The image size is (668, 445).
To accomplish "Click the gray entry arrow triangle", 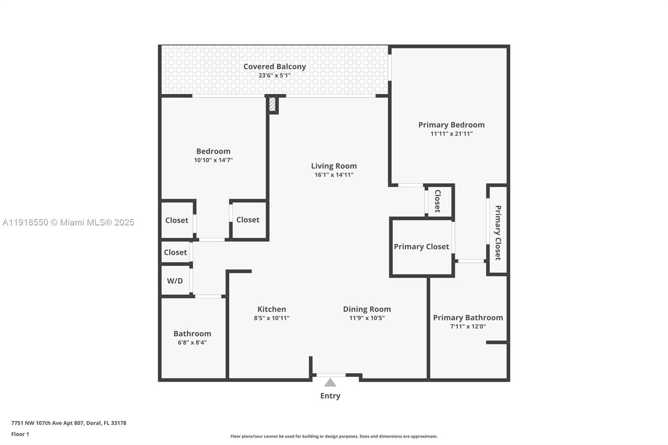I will [330, 383].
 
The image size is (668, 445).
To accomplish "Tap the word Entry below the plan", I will [330, 396].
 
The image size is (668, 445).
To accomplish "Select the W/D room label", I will [175, 281].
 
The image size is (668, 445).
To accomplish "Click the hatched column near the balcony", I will [272, 104].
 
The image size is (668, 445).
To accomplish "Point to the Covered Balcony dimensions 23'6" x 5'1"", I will [274, 76].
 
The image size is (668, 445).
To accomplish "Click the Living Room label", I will [334, 166].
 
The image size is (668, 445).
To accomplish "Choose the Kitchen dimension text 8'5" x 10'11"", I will [271, 318].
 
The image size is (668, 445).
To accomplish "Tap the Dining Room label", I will [367, 309].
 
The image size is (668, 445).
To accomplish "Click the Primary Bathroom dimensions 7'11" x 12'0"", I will [468, 326].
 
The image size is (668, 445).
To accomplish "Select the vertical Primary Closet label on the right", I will [498, 233].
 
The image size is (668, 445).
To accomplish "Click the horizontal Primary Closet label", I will [421, 247].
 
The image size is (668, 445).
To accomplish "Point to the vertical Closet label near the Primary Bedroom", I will [438, 201].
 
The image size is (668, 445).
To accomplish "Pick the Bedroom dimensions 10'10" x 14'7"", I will [213, 160].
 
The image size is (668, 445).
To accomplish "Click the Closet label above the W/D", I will [175, 252].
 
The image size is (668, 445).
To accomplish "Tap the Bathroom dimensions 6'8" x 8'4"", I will [192, 343].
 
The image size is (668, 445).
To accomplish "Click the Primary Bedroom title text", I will [451, 125].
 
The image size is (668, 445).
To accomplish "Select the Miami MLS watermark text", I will [68, 222].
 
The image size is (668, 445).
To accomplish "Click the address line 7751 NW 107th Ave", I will [68, 423].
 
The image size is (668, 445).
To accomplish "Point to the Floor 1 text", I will [20, 434].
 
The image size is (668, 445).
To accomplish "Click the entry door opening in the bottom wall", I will [331, 375].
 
